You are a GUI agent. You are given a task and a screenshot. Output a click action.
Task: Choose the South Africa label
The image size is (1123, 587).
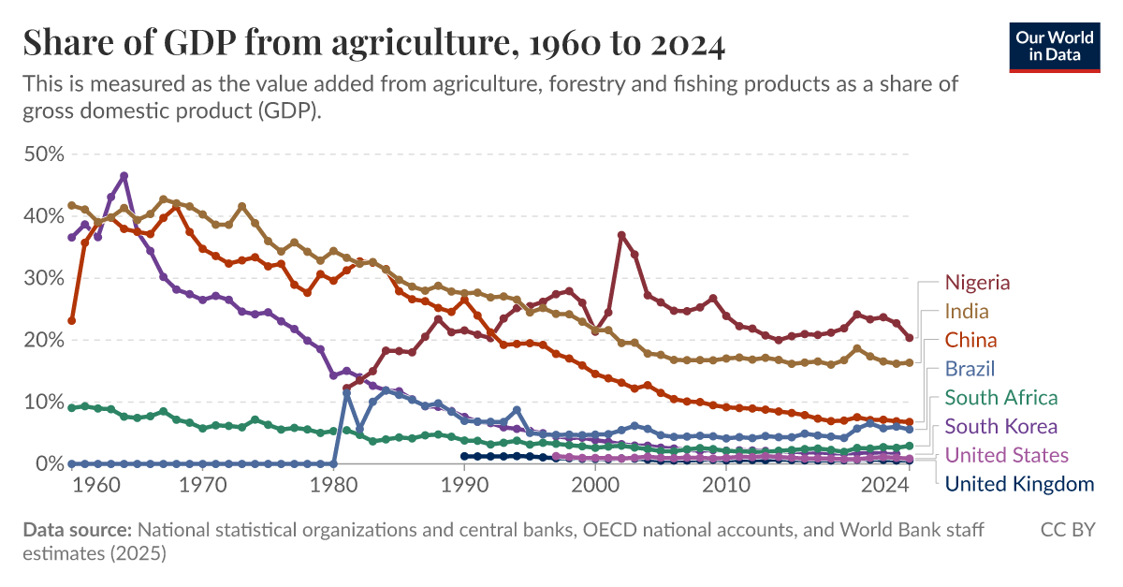tap(1001, 398)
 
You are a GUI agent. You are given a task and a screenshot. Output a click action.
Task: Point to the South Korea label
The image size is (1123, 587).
tap(1001, 427)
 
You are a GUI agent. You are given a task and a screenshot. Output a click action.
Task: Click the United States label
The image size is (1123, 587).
tap(1006, 456)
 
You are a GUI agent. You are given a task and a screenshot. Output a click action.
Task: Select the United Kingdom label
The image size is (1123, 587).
tap(1019, 484)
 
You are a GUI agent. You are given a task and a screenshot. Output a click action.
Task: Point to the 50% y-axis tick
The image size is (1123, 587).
tap(42, 154)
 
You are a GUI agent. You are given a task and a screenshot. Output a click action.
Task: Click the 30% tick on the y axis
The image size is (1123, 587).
tap(42, 278)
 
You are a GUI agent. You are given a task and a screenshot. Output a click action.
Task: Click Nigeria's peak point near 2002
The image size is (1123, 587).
tap(621, 235)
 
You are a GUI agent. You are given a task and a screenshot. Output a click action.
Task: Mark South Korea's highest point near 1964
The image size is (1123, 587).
tap(124, 176)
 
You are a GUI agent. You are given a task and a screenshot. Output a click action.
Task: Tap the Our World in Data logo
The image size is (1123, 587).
tap(1054, 45)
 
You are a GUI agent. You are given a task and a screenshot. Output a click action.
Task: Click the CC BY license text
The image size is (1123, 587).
tap(1068, 531)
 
